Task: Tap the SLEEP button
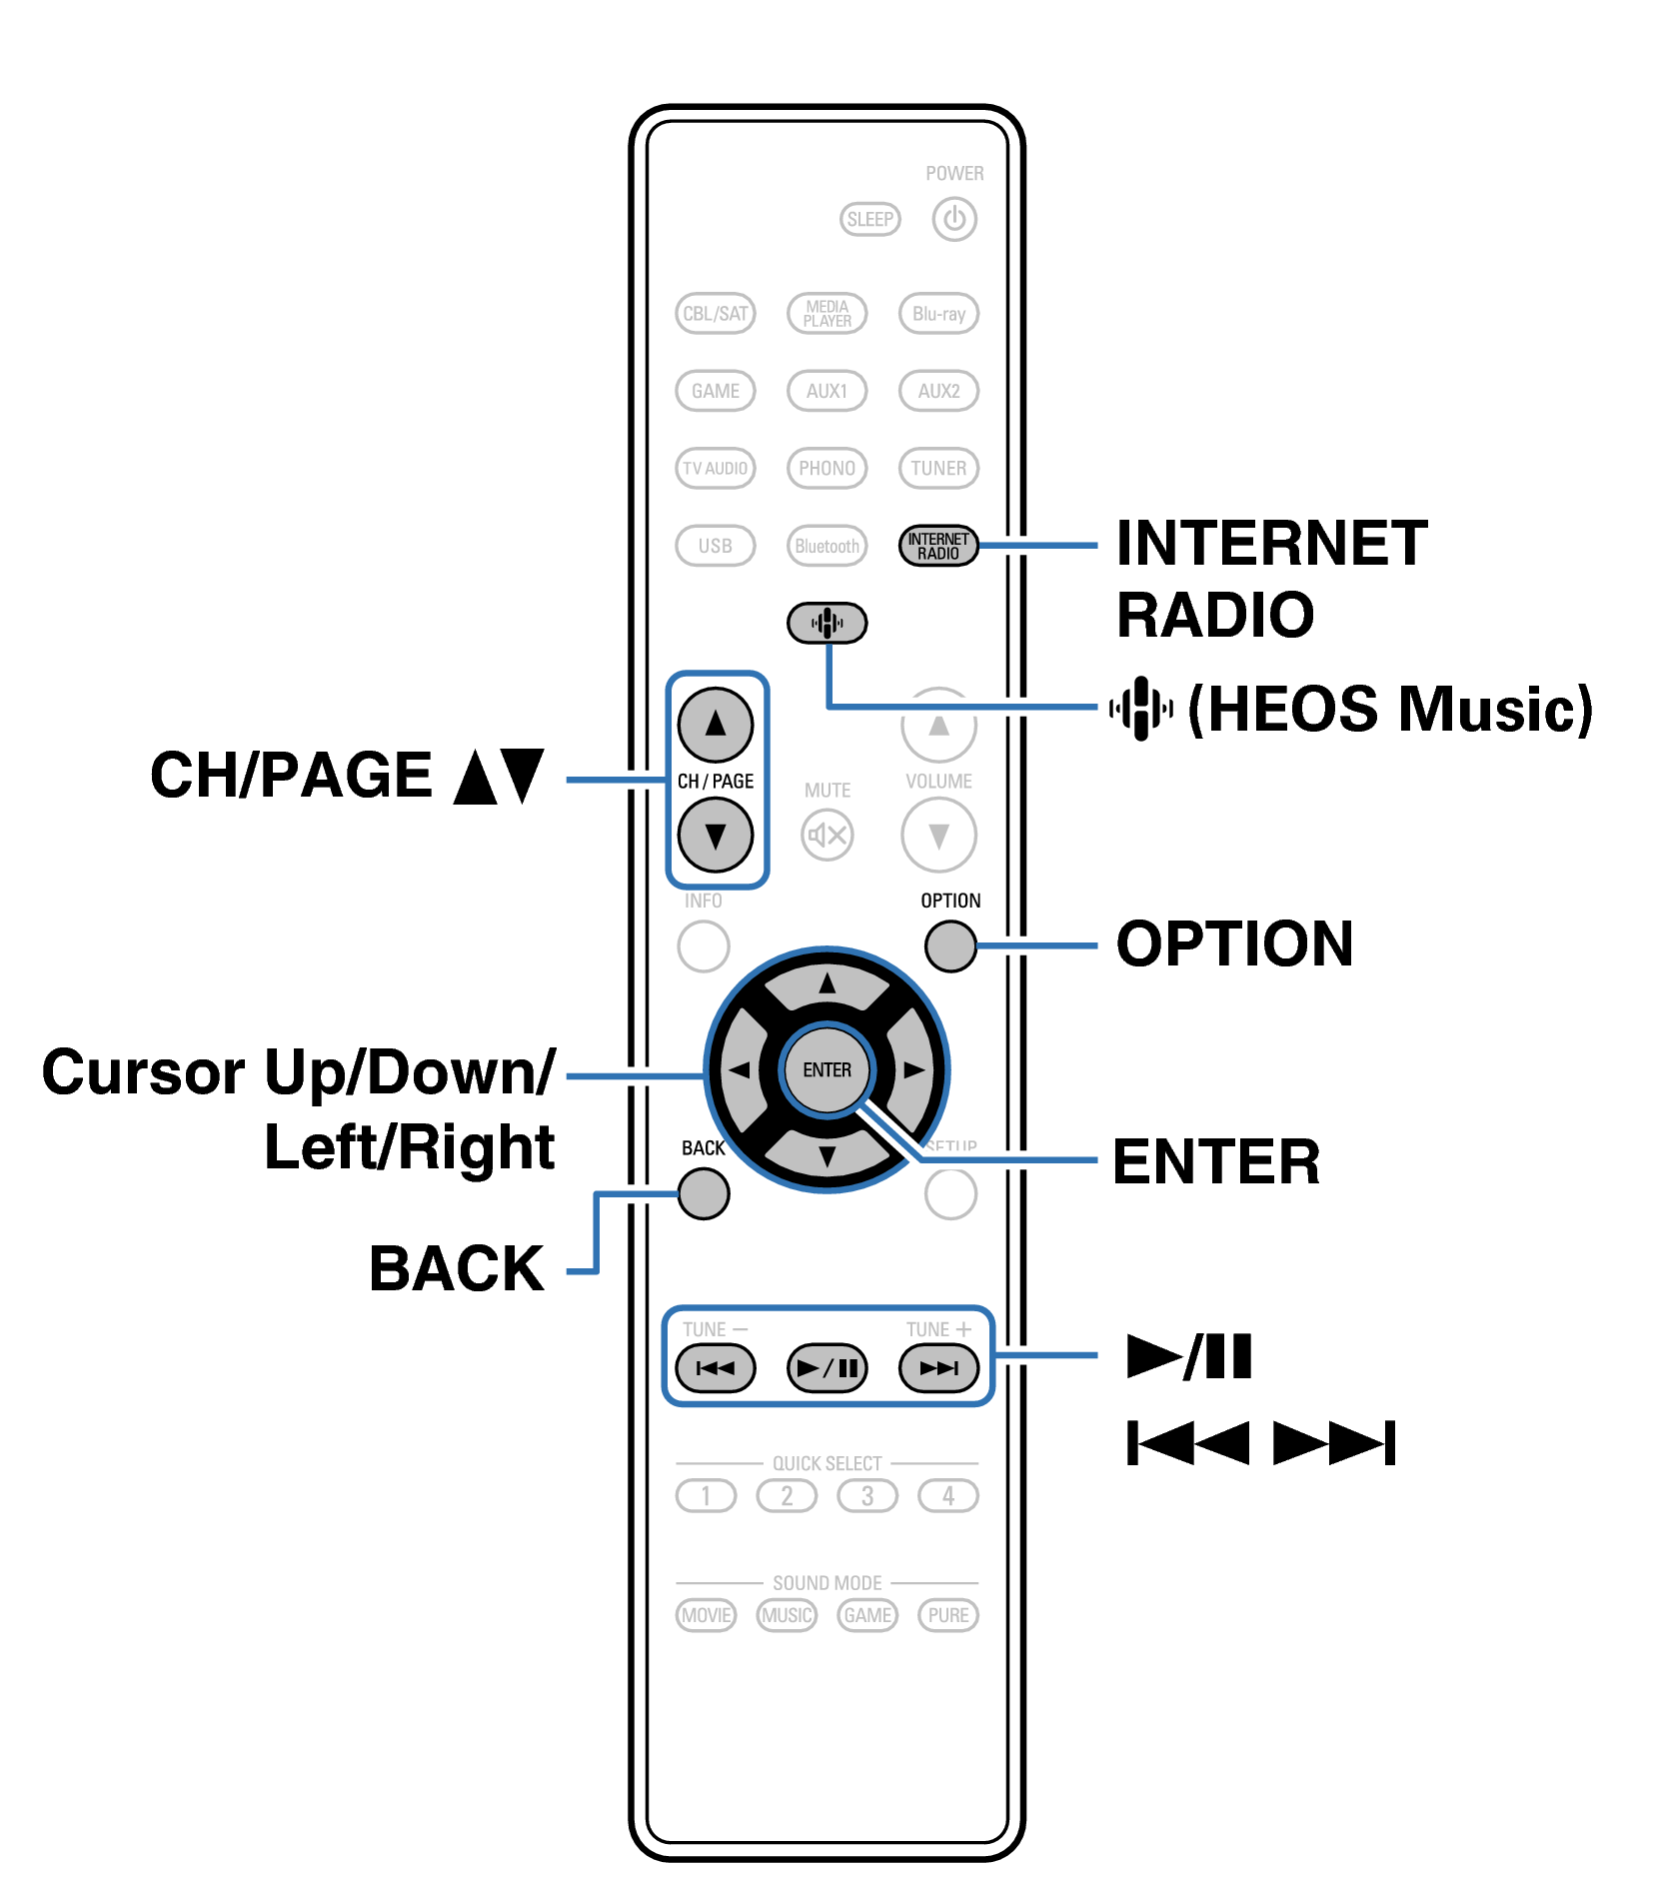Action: coord(869,219)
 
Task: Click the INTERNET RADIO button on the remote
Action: coord(937,546)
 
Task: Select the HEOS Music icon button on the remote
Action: coord(827,623)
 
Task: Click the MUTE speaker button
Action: coord(827,835)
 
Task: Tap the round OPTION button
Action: coord(949,945)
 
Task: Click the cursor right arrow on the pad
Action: coord(913,1069)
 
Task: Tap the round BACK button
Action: coord(703,1193)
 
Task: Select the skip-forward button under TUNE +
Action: coord(937,1367)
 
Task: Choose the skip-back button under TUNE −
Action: coord(715,1367)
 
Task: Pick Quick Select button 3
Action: coord(866,1495)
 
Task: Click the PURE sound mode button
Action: coord(947,1615)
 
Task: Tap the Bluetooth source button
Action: coord(827,546)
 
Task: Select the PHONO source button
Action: coord(827,468)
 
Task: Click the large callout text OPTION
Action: coord(1234,944)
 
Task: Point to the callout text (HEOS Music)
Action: coord(1389,709)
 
